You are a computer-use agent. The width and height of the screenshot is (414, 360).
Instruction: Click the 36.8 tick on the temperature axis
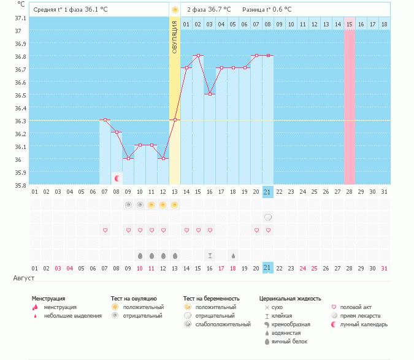pyautogui.click(x=20, y=56)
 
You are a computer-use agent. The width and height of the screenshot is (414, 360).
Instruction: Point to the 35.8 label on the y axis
pyautogui.click(x=20, y=185)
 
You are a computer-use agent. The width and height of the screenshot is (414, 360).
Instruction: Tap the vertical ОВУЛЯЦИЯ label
pyautogui.click(x=175, y=36)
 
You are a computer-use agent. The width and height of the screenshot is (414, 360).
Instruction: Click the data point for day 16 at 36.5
pyautogui.click(x=210, y=94)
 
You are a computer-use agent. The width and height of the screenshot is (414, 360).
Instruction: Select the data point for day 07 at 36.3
pyautogui.click(x=105, y=120)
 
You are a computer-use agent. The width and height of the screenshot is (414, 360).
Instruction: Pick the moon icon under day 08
pyautogui.click(x=117, y=178)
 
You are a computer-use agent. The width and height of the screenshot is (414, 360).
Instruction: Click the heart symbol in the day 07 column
pyautogui.click(x=105, y=230)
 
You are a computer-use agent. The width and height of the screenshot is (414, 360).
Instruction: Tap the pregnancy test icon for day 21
pyautogui.click(x=268, y=217)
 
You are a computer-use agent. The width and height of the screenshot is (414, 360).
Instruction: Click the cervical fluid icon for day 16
pyautogui.click(x=210, y=255)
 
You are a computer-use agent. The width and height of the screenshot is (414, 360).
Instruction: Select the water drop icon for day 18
pyautogui.click(x=233, y=255)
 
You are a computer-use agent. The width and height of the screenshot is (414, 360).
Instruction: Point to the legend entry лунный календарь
pyautogui.click(x=364, y=324)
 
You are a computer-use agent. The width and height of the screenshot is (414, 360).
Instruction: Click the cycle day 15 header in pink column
pyautogui.click(x=350, y=24)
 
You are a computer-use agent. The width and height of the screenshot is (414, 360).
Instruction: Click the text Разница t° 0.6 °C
pyautogui.click(x=267, y=10)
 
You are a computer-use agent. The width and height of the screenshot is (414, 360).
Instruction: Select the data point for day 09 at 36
pyautogui.click(x=128, y=158)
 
